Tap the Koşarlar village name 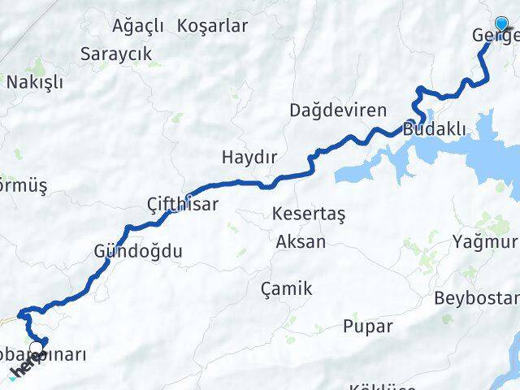click(212, 25)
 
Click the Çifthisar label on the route click(183, 204)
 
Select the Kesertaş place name click(310, 214)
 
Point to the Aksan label click(301, 241)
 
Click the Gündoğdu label click(138, 251)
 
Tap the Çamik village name click(286, 288)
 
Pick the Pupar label click(367, 327)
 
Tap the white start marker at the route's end click(36, 350)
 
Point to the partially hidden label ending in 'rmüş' click(24, 185)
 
